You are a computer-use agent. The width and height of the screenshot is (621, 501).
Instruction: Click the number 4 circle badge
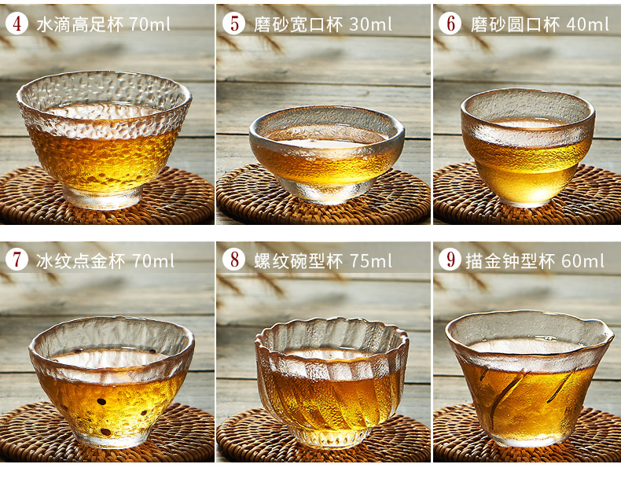[17, 24]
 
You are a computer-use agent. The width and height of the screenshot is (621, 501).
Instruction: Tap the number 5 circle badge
[233, 24]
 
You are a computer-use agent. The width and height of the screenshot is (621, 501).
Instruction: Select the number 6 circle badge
[450, 24]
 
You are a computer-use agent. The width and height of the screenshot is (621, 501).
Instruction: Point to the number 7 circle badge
[17, 260]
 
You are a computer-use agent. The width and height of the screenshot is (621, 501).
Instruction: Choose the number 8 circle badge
[233, 260]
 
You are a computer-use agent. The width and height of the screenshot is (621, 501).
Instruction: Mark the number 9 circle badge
[450, 260]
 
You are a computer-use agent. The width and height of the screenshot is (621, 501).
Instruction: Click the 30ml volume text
[371, 24]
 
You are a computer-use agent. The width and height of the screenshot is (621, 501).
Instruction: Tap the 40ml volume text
[587, 24]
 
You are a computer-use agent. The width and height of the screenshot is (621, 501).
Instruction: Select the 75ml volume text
[371, 261]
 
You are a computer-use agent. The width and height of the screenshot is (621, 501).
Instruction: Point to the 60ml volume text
[582, 261]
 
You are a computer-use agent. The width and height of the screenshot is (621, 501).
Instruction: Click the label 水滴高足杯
[80, 24]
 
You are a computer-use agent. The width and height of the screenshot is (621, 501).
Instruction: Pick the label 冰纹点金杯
[80, 261]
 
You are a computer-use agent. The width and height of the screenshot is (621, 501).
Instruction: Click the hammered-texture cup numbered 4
[104, 139]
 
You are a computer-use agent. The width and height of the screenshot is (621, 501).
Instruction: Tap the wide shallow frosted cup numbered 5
[327, 155]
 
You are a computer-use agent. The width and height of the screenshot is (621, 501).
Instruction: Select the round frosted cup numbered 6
[527, 147]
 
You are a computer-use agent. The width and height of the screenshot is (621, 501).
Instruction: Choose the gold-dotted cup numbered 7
[112, 381]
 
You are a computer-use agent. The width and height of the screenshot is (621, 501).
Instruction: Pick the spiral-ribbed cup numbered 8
[332, 382]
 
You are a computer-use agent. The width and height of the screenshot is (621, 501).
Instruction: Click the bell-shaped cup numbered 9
[530, 378]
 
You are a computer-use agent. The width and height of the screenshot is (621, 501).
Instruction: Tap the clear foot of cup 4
[102, 198]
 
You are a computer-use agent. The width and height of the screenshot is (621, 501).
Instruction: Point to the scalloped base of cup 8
[332, 438]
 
